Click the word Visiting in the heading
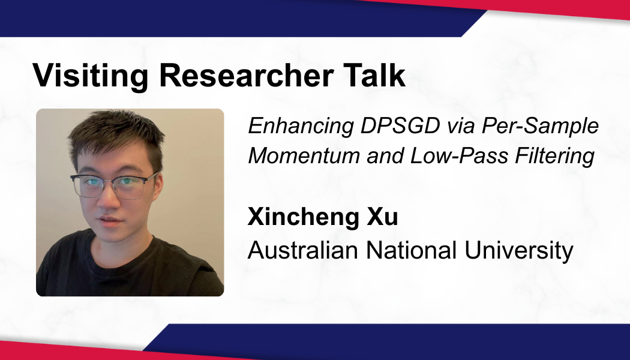(x=91, y=75)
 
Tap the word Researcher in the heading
(x=246, y=75)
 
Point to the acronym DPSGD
(x=400, y=126)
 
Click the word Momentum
(x=304, y=155)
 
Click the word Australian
(x=302, y=250)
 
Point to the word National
(x=412, y=250)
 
